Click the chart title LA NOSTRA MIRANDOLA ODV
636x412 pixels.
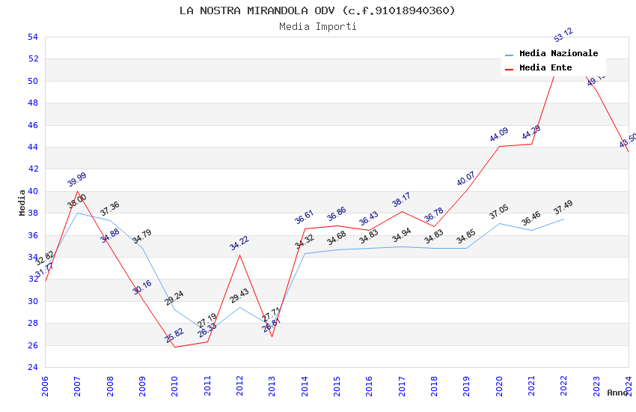tap(317, 10)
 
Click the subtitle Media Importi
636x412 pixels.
tap(317, 27)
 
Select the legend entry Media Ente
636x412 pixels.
tap(545, 67)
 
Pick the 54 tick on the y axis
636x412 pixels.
tap(32, 37)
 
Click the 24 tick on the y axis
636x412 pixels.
tap(32, 367)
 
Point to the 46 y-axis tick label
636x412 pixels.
tap(32, 125)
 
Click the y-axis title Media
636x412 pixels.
tap(22, 202)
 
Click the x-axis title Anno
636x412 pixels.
tap(617, 393)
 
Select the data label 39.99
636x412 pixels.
tap(77, 180)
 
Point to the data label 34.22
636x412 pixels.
tap(239, 243)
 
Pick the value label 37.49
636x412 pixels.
tap(563, 207)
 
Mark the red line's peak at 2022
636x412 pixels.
tap(563, 47)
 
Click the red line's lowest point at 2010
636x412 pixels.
tap(174, 347)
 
